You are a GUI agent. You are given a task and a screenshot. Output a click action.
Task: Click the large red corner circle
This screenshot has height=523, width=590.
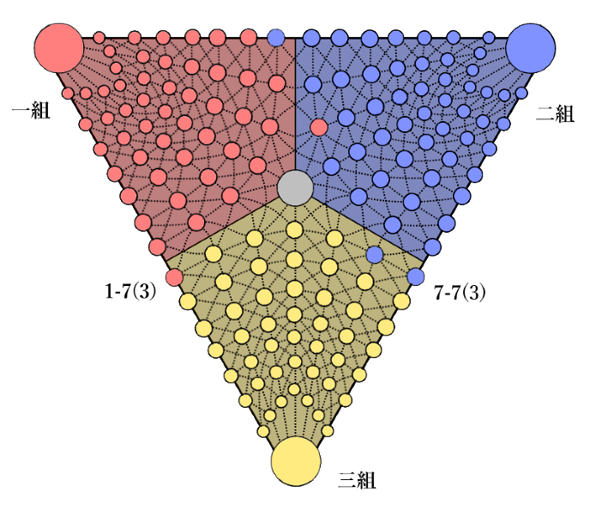(58, 48)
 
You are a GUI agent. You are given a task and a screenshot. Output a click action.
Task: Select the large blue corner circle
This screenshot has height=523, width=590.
(531, 48)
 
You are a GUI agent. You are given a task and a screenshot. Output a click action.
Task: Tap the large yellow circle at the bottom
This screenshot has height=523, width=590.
(296, 461)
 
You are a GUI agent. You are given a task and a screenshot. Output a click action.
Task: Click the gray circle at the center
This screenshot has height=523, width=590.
(296, 188)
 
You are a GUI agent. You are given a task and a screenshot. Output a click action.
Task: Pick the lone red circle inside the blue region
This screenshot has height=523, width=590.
(319, 127)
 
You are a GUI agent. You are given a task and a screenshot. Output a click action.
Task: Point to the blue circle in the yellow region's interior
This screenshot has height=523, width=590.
(375, 254)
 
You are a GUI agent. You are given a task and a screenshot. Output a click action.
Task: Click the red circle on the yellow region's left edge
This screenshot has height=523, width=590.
(174, 277)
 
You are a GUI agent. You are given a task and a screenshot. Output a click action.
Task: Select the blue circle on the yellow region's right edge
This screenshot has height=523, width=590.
(416, 277)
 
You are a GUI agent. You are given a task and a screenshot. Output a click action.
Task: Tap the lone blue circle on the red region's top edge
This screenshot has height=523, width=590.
(276, 38)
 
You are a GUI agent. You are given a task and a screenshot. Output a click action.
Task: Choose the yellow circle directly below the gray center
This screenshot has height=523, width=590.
(295, 229)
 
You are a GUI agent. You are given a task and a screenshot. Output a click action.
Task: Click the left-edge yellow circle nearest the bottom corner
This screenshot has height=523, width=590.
(263, 431)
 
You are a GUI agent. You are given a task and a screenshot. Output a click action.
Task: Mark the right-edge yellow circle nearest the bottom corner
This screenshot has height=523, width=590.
(328, 431)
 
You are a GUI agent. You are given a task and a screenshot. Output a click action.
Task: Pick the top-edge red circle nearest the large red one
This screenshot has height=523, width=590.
(99, 38)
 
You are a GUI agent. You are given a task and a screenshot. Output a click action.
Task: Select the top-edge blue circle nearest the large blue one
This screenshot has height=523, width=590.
(489, 38)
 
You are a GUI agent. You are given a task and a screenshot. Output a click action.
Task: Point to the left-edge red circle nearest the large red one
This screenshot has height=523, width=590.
(69, 93)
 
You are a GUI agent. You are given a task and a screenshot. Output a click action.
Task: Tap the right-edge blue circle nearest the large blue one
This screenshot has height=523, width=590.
(521, 93)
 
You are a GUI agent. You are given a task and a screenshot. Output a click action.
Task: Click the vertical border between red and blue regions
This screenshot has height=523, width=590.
(295, 103)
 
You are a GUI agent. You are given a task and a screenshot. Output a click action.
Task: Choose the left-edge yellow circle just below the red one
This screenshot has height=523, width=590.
(188, 301)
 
